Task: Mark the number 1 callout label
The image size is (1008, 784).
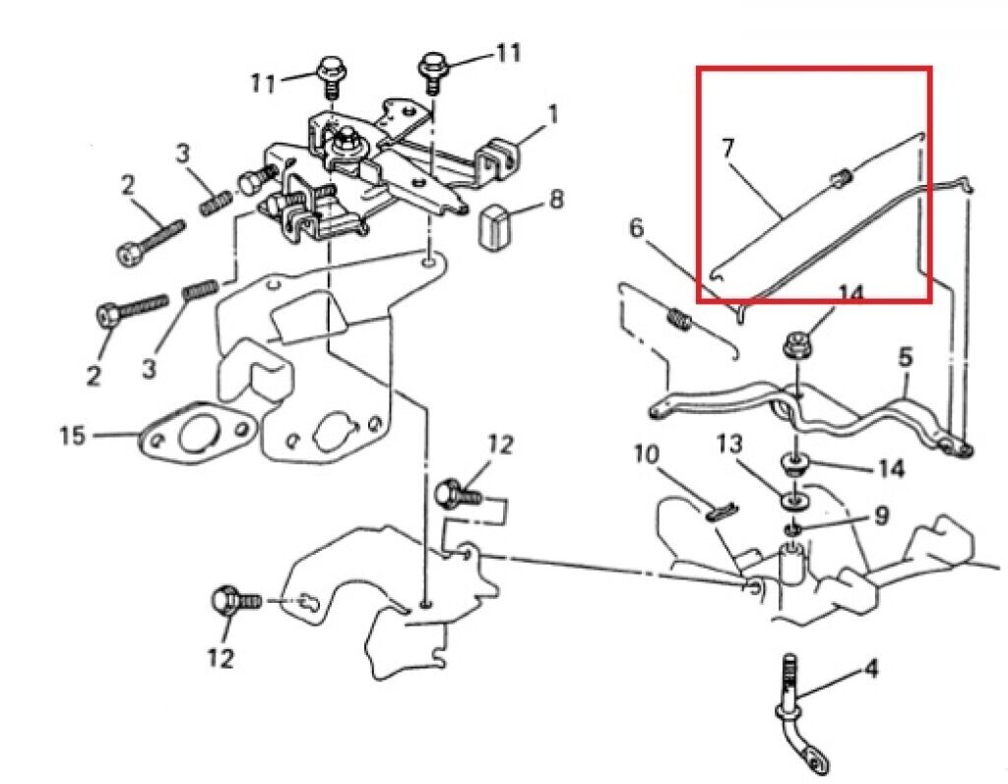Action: coord(552,115)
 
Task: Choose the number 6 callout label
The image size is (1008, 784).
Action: coord(636,229)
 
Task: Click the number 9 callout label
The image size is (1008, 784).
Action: coord(882,514)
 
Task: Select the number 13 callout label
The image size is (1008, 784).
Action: coord(729,445)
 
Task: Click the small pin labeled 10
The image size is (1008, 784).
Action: coord(721,510)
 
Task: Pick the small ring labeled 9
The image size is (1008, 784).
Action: coord(793,531)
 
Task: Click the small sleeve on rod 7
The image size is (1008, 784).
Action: coord(841,179)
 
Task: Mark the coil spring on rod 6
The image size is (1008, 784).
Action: coord(677,320)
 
